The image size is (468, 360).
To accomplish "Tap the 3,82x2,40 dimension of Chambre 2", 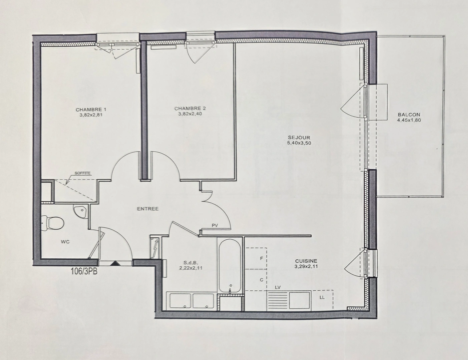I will [190, 114].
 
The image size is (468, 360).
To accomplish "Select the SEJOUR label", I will [294, 137].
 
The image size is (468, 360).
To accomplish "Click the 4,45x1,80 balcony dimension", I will [409, 120].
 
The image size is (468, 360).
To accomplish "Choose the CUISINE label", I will [306, 261].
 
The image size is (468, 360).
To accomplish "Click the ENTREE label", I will [148, 209].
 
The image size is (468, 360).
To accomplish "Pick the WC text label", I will [65, 242].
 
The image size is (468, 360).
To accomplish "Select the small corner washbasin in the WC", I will [80, 212].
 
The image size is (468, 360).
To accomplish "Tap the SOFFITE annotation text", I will [82, 173].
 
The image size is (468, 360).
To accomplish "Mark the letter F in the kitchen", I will [262, 258].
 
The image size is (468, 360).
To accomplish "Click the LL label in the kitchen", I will [322, 297].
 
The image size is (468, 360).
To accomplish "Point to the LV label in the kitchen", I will [278, 287].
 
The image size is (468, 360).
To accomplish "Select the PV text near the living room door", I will [215, 226].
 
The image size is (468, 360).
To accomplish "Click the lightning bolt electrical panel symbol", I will [155, 248].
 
